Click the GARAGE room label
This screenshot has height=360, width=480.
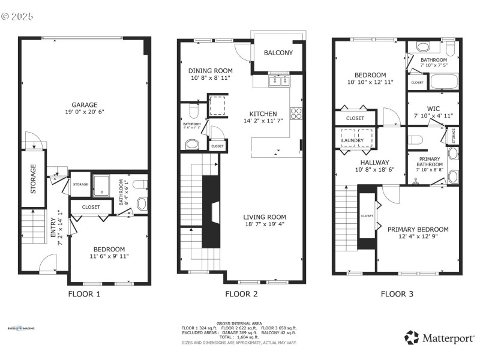85,104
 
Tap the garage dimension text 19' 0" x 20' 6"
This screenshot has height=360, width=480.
85,112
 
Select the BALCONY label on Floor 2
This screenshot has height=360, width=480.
278,53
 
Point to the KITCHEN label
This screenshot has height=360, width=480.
263,113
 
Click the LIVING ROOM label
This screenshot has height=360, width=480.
264,217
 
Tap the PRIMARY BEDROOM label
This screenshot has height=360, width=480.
418,229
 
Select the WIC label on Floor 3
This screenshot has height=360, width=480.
434,109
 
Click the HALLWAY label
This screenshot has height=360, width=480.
374,162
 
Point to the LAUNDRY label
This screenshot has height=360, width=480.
356,141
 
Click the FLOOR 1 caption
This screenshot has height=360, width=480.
84,294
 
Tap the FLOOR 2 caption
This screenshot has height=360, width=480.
241,294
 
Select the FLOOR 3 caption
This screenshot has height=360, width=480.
397,294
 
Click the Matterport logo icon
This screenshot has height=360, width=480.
411,338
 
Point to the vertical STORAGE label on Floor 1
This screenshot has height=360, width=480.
34,179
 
